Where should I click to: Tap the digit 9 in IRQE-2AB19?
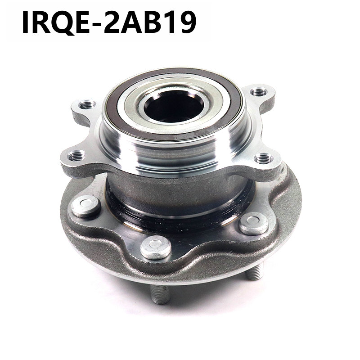point(185,22)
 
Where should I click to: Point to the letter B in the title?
point(149,22)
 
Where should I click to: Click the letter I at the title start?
point(25,22)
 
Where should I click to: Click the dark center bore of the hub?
point(174,106)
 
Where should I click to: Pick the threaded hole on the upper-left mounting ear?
point(87,105)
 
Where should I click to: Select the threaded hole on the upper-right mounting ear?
point(258,92)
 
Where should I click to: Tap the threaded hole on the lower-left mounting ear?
point(76,156)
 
